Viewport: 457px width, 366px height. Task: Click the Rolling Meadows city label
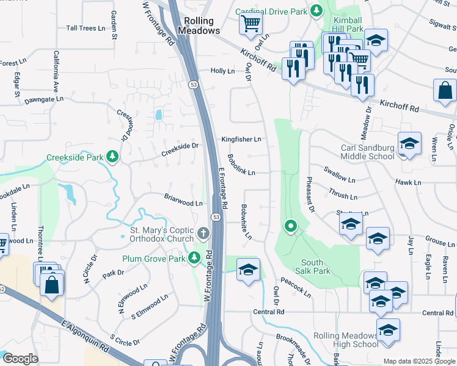click(x=199, y=25)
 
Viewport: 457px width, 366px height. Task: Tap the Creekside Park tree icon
click(x=112, y=157)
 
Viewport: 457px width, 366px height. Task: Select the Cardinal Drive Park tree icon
click(x=316, y=10)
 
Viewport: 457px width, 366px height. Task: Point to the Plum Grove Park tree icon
click(x=195, y=258)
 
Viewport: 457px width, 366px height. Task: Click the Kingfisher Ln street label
click(x=241, y=139)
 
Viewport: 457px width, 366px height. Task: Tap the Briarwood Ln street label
click(x=183, y=199)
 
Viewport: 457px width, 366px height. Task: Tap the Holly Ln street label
click(x=222, y=71)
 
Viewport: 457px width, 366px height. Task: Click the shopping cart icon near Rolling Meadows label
click(x=250, y=24)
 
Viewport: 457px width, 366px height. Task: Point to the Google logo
click(x=20, y=359)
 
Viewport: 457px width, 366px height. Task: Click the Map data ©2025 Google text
click(x=419, y=361)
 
